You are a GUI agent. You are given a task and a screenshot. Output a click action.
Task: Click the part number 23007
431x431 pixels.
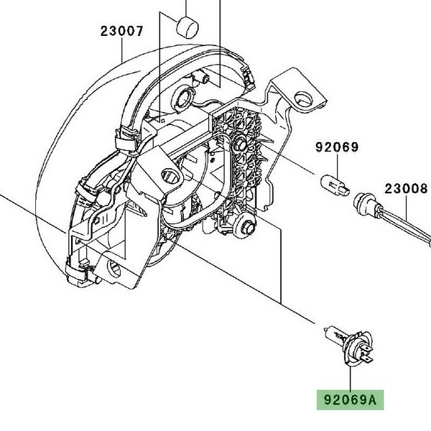coord(122,32)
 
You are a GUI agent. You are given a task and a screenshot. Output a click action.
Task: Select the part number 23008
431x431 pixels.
coord(406,188)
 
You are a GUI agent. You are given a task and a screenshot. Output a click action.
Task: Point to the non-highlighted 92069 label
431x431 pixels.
coord(336,148)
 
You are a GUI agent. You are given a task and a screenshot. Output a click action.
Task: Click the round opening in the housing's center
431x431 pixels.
coord(172,175)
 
